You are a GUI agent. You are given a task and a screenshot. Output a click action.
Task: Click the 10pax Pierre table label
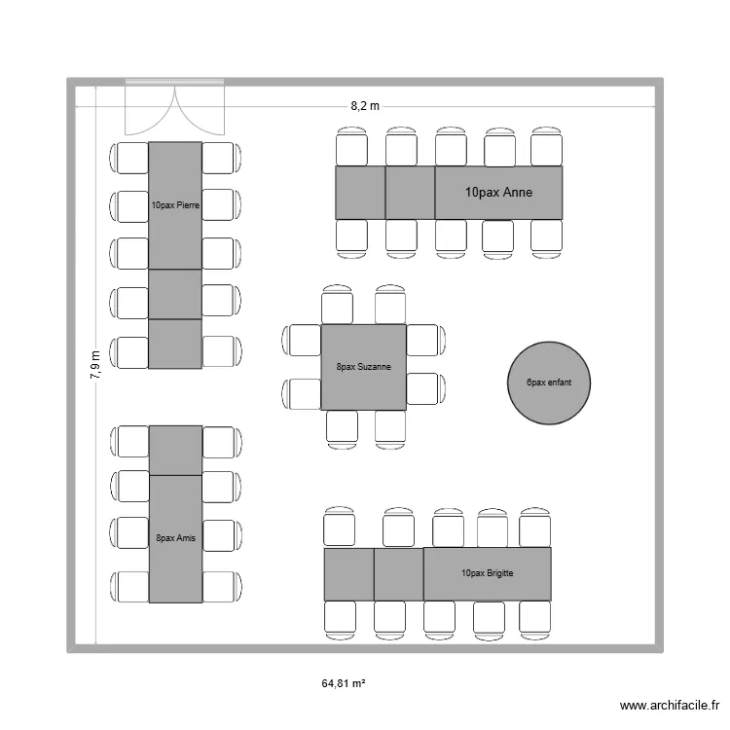coord(175,205)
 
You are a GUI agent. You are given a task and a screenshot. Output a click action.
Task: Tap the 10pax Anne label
coord(499,193)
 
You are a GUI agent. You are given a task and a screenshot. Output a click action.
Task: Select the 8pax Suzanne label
coord(364,367)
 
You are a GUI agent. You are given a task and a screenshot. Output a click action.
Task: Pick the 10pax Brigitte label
coord(488,573)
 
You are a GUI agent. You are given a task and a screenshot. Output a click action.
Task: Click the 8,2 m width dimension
coord(365,104)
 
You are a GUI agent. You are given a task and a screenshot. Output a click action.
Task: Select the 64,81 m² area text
coord(344,684)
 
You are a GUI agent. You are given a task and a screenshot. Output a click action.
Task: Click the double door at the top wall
coord(175,107)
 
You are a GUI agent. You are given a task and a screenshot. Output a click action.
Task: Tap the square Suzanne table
coord(364,367)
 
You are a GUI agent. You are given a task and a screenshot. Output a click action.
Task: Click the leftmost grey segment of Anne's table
coord(360,193)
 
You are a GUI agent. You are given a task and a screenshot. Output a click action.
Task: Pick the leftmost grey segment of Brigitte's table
coord(348,574)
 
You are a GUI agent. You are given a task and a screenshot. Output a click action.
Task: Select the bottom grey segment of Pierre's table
coord(175,345)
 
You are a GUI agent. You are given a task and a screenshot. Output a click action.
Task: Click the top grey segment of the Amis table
coord(175,450)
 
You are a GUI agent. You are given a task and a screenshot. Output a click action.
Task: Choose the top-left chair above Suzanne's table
coord(338,304)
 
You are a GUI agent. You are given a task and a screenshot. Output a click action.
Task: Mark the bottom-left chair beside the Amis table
coord(130,586)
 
